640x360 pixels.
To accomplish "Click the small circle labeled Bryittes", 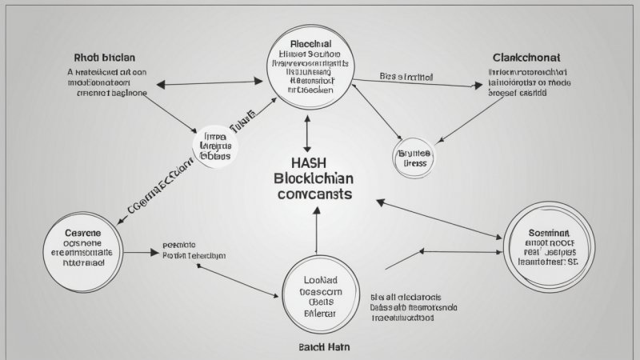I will (414, 158).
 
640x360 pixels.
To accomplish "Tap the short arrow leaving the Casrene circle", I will (143, 254).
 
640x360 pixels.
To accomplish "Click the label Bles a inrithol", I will (406, 78).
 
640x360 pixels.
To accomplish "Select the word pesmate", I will (179, 245).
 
